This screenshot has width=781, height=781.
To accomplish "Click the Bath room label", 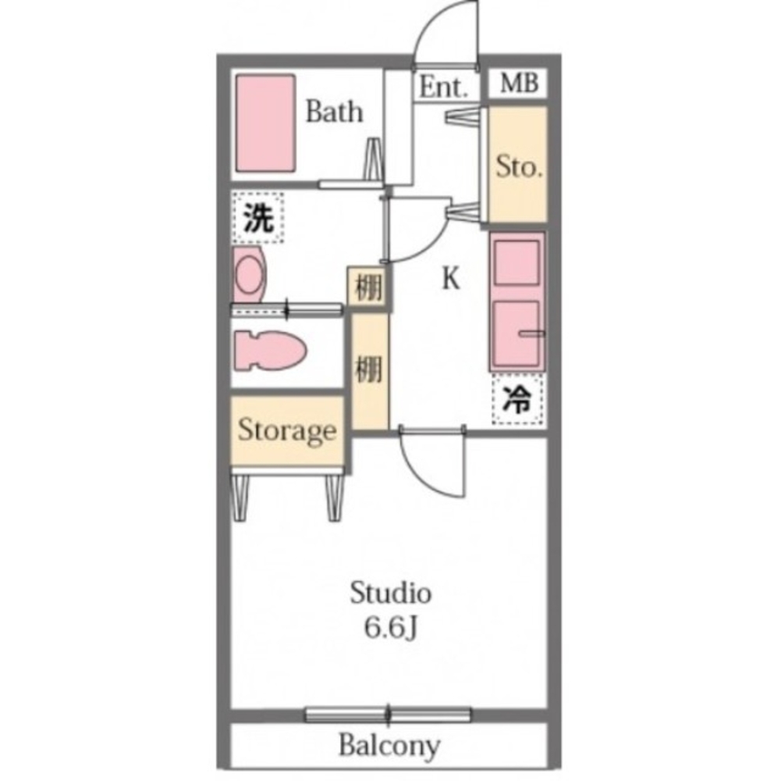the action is tap(334, 112).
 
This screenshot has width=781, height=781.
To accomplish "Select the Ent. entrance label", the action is tap(444, 87).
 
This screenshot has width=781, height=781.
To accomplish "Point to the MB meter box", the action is tap(519, 84).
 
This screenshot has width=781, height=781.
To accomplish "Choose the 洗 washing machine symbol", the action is tap(258, 218).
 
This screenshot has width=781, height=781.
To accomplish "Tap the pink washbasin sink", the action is tap(249, 274).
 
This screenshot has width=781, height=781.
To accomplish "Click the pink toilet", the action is tap(269, 351).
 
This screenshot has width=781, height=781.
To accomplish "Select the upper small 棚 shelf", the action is tap(368, 287).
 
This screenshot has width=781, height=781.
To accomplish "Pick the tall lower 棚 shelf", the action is tap(370, 371).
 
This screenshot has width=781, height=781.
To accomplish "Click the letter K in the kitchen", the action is tap(451, 279).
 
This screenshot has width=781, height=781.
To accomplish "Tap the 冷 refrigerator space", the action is tap(517, 400).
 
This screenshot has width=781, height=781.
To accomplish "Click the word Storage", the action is tap(287, 430).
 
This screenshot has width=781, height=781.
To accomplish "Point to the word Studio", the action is tap(390, 593).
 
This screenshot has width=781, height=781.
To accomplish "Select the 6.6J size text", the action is tap(390, 629).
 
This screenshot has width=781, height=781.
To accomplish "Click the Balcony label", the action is tap(389, 746).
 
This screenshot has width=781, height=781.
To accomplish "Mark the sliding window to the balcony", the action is tap(388, 715).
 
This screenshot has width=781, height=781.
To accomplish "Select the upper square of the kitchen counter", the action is tap(517, 263).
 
